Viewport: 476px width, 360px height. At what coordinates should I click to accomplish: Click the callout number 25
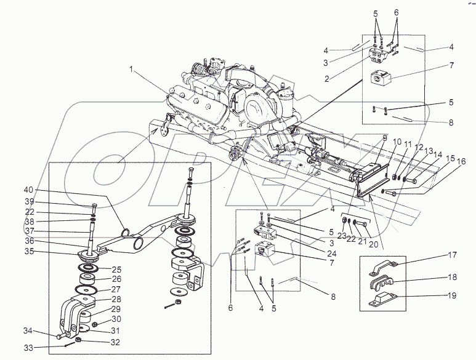click(x=117, y=269)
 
